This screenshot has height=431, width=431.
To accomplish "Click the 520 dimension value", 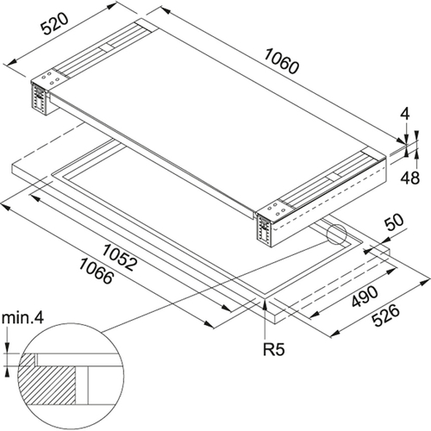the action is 55,24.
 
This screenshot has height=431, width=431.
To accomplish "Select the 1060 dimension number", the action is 282,61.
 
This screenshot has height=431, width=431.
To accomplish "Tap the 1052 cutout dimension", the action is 118,258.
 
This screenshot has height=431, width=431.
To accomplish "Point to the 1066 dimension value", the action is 96,271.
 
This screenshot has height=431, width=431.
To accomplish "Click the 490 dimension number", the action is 365,297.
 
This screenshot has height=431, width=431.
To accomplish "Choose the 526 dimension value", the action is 386,315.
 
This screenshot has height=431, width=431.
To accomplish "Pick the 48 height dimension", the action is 410,178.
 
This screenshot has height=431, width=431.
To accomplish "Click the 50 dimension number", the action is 394,222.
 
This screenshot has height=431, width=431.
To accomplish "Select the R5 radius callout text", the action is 274,350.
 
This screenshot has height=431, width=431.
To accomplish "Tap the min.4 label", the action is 22,318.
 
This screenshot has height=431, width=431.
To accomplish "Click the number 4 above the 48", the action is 404,115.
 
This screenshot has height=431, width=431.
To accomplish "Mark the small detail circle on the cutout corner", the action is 336,234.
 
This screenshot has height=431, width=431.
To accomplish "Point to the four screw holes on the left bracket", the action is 51,78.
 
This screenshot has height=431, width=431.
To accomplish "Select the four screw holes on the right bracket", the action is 278,209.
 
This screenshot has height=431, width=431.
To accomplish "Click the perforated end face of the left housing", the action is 40,98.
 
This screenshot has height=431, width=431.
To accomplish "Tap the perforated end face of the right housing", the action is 265,230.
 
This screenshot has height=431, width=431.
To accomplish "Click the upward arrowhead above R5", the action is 265,304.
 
